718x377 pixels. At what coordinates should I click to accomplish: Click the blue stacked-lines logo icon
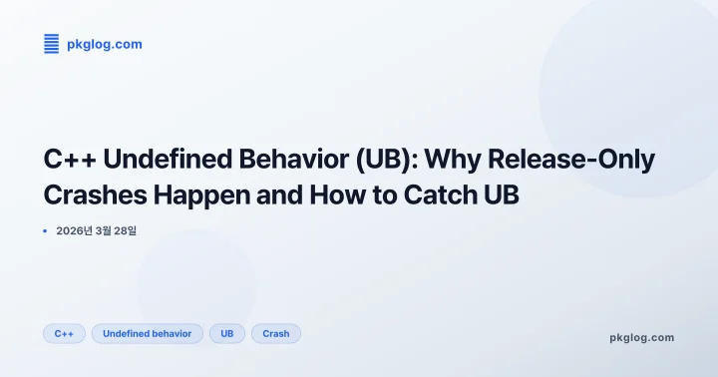(52, 43)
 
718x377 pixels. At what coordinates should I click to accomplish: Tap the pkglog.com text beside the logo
(104, 44)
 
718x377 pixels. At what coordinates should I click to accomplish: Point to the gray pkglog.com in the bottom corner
(641, 337)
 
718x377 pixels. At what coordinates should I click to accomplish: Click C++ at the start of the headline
(68, 160)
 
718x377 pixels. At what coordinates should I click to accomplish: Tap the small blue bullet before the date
(46, 231)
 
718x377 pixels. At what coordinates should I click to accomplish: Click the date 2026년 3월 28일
(97, 231)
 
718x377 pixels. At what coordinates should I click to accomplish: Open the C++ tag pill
(64, 333)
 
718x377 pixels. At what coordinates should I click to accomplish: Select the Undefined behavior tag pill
(148, 333)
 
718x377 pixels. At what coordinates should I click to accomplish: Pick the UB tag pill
(226, 333)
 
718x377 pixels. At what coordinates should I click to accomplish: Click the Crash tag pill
(276, 333)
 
